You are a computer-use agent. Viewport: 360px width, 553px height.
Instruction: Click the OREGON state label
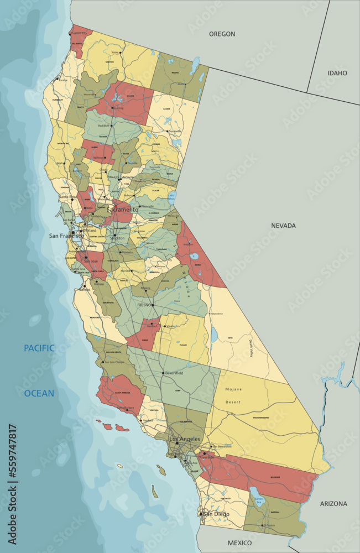tap(222, 34)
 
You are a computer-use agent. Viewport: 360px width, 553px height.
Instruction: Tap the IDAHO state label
tap(337, 73)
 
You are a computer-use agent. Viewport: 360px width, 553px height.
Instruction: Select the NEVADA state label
tap(283, 226)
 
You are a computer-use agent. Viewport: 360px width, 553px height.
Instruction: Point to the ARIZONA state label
tap(333, 504)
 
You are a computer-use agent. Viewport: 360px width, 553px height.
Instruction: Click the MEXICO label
tap(239, 542)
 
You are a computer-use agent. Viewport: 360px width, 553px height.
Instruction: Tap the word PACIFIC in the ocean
tap(39, 348)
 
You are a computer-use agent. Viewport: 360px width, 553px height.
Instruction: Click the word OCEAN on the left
tap(39, 393)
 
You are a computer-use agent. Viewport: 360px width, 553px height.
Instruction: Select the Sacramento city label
tap(122, 210)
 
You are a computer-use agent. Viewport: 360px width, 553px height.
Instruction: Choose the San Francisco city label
tap(66, 236)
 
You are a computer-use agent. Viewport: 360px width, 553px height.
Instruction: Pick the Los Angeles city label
tap(184, 439)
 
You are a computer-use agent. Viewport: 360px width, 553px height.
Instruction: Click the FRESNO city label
tap(144, 305)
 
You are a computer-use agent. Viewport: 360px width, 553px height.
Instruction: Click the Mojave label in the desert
tap(233, 389)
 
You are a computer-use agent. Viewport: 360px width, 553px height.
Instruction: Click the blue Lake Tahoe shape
tap(171, 195)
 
